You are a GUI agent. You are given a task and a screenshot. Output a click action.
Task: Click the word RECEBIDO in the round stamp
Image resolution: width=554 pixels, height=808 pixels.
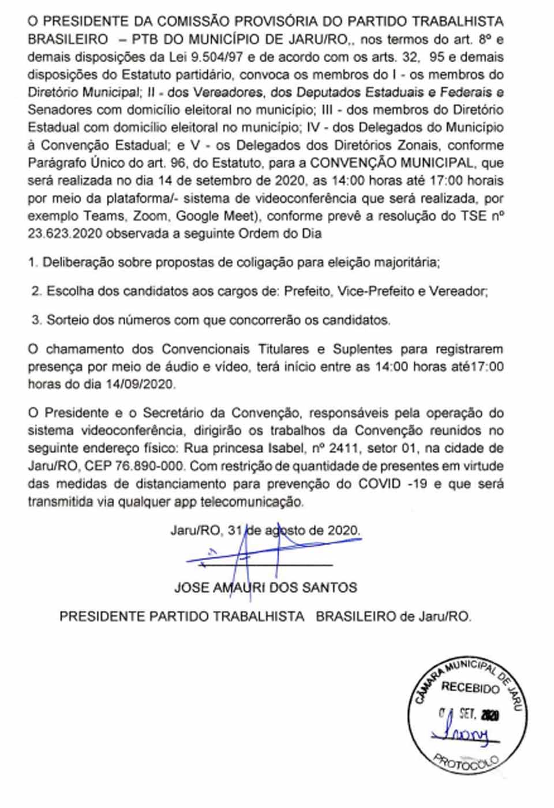(x=470, y=688)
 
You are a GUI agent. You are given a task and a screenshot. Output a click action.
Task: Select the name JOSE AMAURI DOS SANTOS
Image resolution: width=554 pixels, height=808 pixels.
(x=265, y=588)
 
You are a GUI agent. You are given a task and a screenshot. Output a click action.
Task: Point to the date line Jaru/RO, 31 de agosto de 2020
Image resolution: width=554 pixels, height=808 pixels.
(x=265, y=530)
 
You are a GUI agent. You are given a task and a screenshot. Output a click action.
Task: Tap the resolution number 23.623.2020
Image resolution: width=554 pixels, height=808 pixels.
(x=66, y=234)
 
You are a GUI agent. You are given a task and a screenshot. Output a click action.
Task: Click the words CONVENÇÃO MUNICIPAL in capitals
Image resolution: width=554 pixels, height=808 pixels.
(x=393, y=163)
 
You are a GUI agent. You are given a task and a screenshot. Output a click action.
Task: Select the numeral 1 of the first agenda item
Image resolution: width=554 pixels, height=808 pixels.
(x=32, y=263)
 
